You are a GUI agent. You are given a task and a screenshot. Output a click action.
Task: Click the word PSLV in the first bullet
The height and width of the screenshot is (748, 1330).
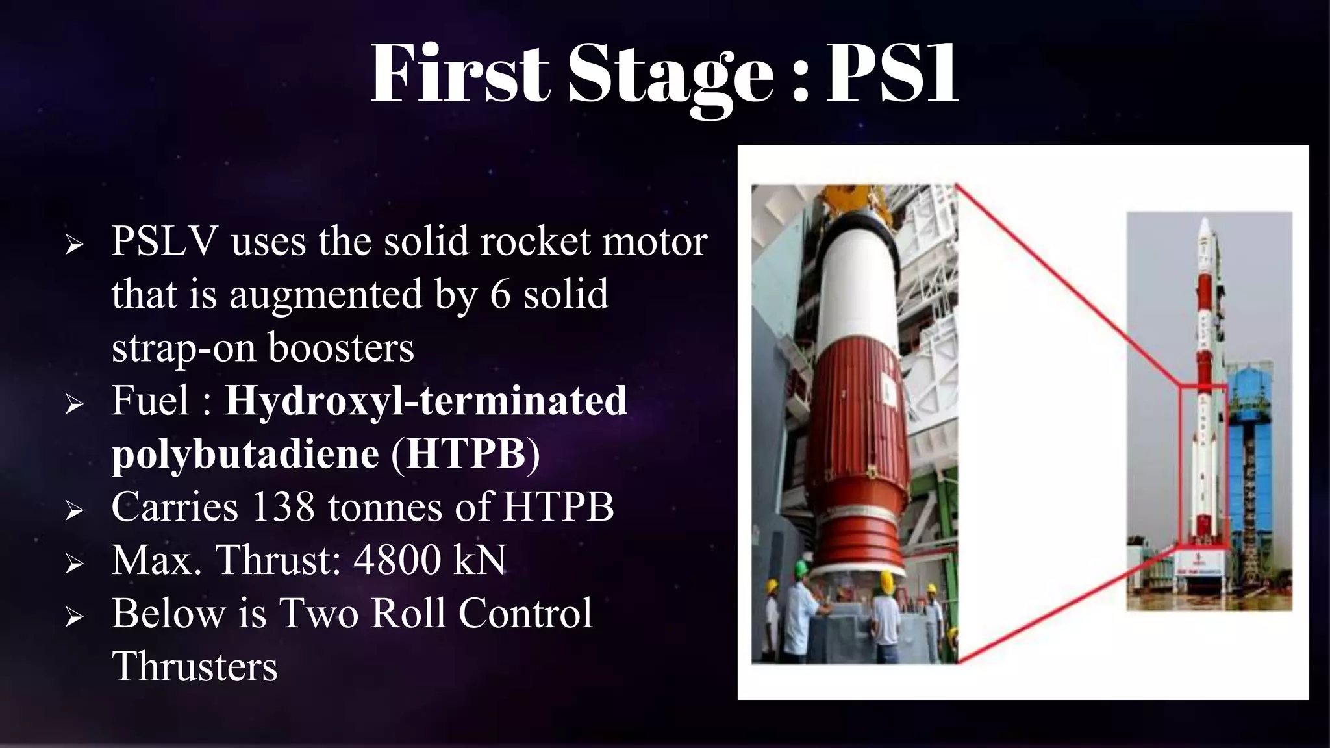point(164,242)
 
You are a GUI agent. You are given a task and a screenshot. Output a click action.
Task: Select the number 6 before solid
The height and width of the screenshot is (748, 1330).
point(500,294)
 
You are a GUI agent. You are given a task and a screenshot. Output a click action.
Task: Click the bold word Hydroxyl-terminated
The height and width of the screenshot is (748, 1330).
point(426,400)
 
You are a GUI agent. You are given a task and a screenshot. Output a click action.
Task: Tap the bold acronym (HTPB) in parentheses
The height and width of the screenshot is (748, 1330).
point(465,453)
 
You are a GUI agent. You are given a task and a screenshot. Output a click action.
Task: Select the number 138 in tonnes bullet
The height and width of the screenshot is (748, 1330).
point(283,506)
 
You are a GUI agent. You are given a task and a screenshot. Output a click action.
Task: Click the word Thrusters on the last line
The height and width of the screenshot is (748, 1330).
point(195,667)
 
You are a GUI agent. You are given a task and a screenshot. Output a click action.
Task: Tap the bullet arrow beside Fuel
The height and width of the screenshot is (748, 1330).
point(74,404)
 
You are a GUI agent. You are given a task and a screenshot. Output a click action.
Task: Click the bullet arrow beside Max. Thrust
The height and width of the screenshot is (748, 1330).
point(74,564)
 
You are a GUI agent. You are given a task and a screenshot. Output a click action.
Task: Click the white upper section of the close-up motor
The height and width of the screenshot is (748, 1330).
point(857,286)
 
